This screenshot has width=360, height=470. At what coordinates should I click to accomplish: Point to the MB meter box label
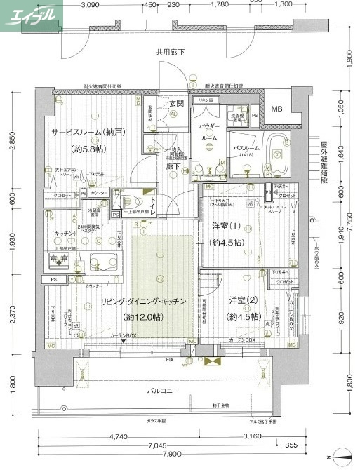pyautogui.click(x=277, y=109)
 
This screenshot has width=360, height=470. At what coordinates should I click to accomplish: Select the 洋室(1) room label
pyautogui.click(x=225, y=226)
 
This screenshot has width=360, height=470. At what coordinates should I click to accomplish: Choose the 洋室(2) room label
pyautogui.click(x=243, y=300)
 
